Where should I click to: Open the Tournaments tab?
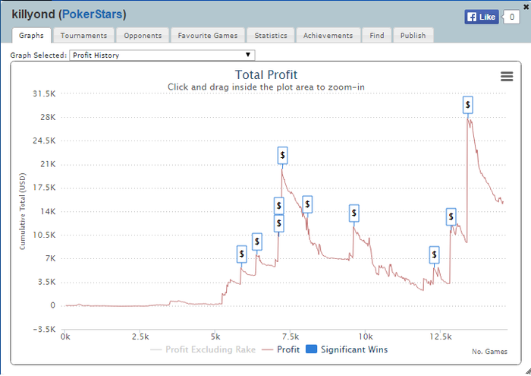83,36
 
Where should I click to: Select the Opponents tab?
143,36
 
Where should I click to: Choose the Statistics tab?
271,36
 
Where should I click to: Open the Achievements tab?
328,36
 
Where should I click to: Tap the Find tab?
377,36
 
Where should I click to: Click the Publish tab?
413,36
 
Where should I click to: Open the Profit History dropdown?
162,55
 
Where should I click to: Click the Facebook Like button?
481,17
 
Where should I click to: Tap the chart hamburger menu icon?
507,76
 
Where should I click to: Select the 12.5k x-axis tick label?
440,336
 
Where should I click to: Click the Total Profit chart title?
265,74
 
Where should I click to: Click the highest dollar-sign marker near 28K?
468,105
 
